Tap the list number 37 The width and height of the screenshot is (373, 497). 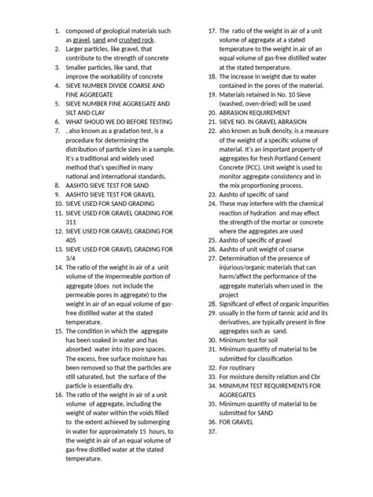pyautogui.click(x=211, y=432)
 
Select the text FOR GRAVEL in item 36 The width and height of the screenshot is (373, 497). pyautogui.click(x=239, y=422)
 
